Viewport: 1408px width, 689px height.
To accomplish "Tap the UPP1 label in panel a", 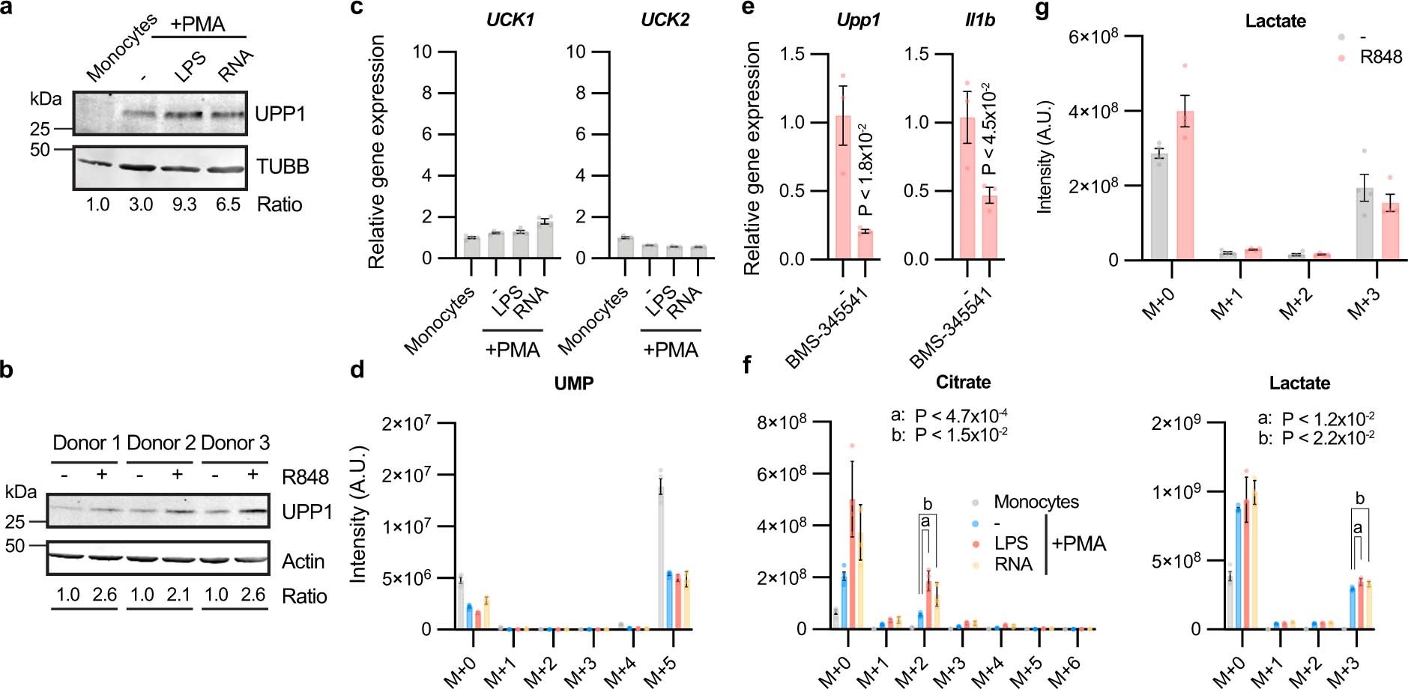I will pyautogui.click(x=280, y=115).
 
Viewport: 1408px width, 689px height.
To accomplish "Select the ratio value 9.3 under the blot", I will pyautogui.click(x=184, y=204).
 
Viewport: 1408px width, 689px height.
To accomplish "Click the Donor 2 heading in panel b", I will pyautogui.click(x=160, y=443).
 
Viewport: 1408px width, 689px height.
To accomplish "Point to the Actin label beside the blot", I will pyautogui.click(x=303, y=562).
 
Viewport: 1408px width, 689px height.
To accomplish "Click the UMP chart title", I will pyautogui.click(x=575, y=383).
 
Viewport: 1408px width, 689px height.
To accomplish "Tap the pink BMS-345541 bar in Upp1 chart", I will pyautogui.click(x=865, y=245).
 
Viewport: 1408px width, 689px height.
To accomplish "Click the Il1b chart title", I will pyautogui.click(x=980, y=20).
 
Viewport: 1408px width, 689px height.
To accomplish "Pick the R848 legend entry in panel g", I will pyautogui.click(x=1381, y=57).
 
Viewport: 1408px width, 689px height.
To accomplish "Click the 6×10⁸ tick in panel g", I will pyautogui.click(x=1098, y=36).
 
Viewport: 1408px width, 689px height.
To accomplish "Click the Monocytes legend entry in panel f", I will pyautogui.click(x=1036, y=502).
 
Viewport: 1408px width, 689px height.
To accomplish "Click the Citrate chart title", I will pyautogui.click(x=963, y=383).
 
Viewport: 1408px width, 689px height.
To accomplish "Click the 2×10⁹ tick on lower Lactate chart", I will pyautogui.click(x=1179, y=423).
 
